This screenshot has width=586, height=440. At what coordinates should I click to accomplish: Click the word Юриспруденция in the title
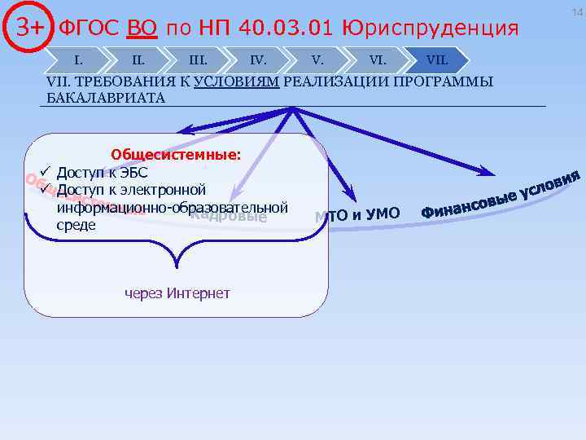pos(431,29)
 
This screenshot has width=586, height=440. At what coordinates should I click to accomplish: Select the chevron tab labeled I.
pos(78,59)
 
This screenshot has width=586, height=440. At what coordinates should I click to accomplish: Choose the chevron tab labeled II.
pos(138,59)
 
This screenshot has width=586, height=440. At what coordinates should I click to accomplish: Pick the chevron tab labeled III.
pos(198,59)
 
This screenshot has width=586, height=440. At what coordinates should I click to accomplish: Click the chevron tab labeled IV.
pos(258,59)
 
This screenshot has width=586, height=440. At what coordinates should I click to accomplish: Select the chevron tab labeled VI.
pos(378,59)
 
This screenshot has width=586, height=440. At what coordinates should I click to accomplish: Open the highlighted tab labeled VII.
pos(438,59)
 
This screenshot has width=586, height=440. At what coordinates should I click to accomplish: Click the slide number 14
pos(577,11)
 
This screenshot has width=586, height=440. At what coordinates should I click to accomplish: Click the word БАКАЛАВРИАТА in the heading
pos(106,98)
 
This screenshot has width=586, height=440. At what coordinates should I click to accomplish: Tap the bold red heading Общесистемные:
pos(176,155)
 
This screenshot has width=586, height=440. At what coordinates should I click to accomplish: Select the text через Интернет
pos(177,293)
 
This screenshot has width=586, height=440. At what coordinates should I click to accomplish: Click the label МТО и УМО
pos(357,214)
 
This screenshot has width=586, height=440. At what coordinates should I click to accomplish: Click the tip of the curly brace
pos(175,266)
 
